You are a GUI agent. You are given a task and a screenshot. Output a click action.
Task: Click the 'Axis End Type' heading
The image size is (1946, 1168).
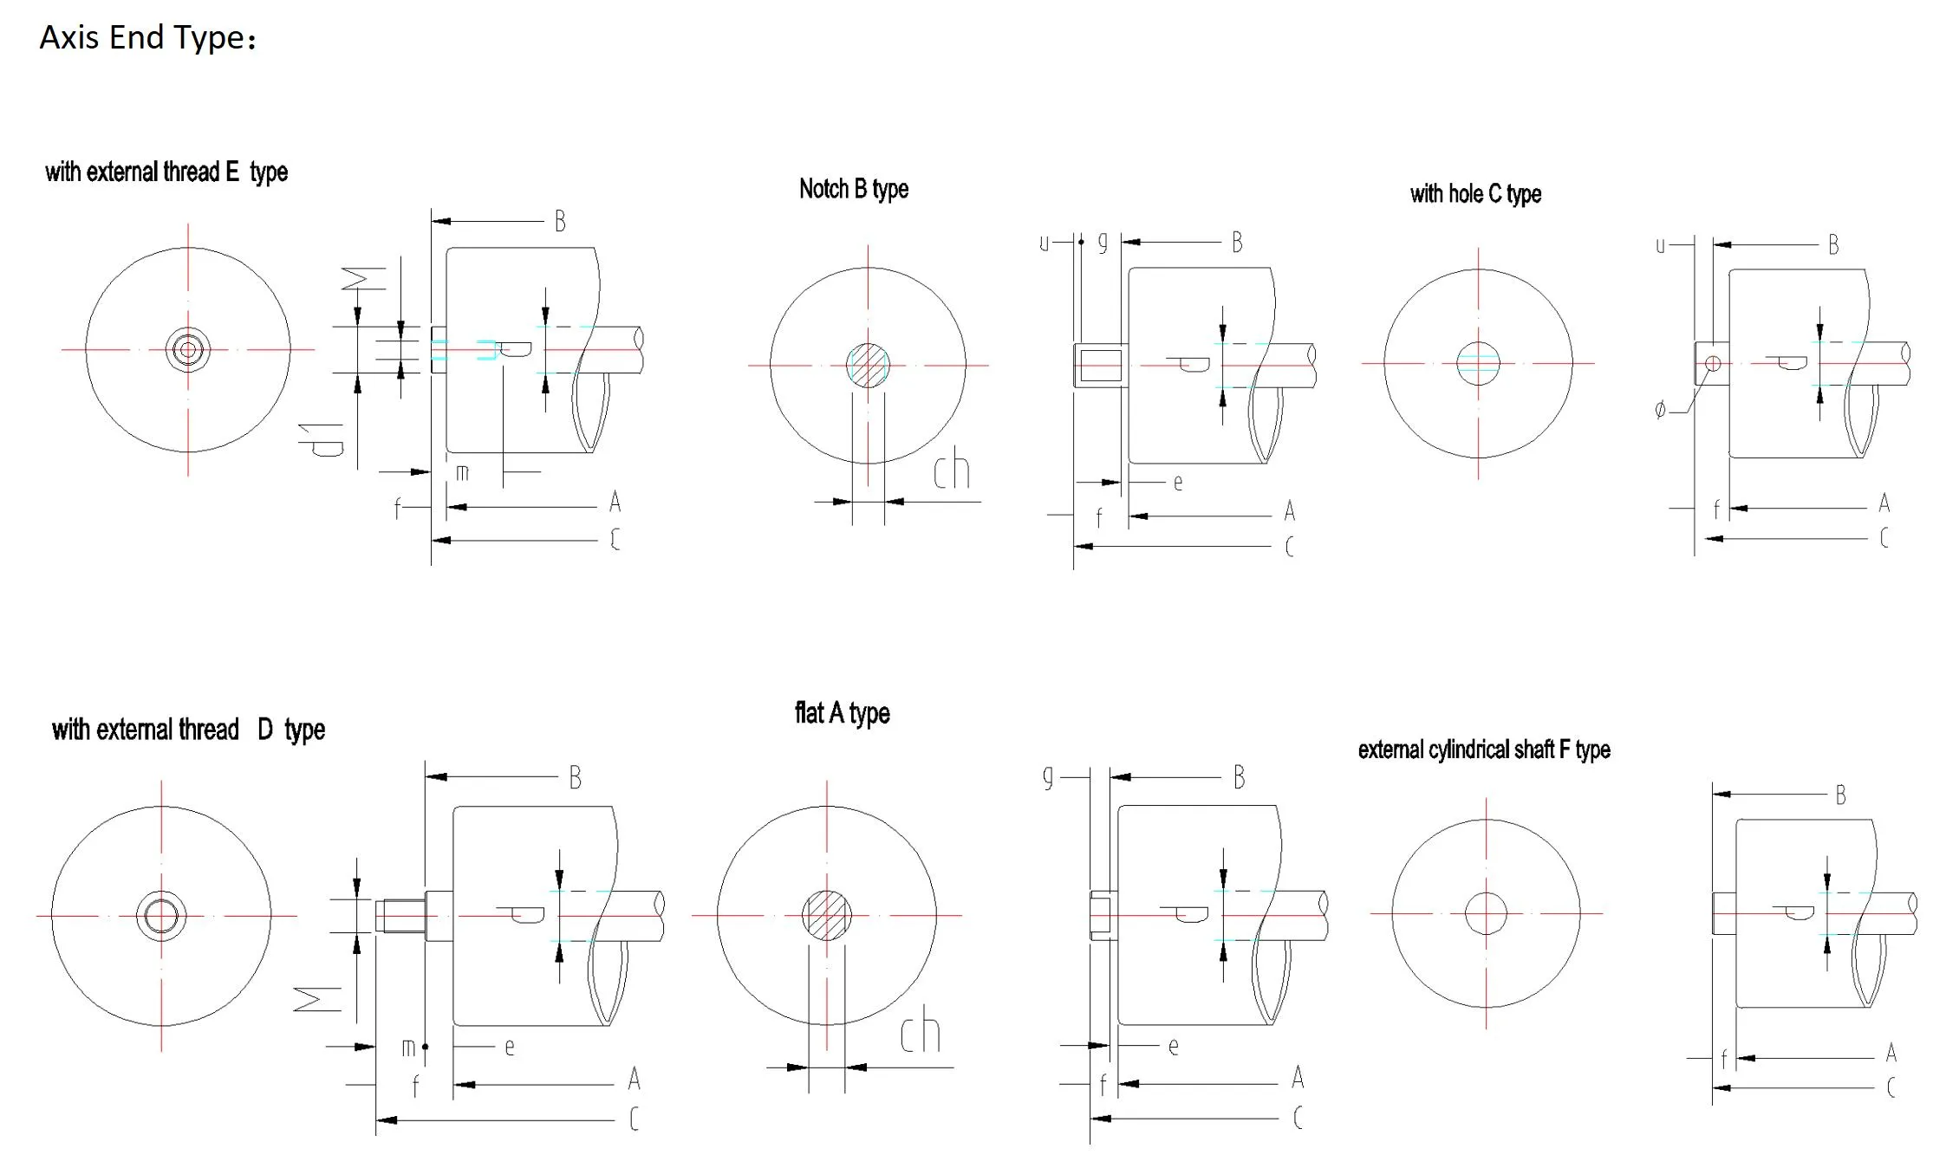tap(147, 38)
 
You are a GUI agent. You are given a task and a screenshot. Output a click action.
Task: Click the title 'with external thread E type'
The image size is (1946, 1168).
tap(166, 172)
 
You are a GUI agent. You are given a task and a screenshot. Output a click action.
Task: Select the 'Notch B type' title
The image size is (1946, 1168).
tap(853, 189)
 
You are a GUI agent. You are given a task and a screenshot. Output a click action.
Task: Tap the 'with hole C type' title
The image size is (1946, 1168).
tap(1474, 194)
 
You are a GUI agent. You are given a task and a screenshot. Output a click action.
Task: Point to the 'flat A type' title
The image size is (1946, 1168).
tap(842, 713)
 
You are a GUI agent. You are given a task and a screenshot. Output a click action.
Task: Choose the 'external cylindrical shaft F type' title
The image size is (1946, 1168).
tap(1483, 749)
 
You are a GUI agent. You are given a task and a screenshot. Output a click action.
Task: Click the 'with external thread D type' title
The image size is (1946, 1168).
tap(187, 730)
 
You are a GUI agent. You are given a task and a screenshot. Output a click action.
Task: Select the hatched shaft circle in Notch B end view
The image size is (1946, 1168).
tap(868, 365)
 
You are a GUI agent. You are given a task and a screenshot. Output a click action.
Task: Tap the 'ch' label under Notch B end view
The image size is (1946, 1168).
tap(951, 470)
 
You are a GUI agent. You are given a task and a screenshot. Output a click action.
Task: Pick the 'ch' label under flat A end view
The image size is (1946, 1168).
tap(919, 1032)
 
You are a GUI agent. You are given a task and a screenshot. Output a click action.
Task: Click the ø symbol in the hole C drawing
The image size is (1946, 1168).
tap(1660, 410)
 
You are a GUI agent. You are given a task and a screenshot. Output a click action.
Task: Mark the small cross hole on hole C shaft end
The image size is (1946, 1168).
tap(1713, 363)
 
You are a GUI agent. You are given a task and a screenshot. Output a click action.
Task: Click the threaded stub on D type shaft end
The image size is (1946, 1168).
tap(400, 916)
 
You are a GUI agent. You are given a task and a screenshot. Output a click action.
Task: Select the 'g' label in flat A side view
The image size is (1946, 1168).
tap(1048, 776)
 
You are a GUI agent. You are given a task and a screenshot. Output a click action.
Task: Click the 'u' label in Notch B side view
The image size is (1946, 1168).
tap(1044, 243)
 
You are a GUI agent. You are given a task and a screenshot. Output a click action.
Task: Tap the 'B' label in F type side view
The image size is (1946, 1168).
tap(1840, 795)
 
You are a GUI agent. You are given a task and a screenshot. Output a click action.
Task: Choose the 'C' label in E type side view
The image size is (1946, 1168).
tap(615, 540)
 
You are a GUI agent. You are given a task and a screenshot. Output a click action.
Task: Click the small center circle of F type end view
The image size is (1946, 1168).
tap(1486, 913)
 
